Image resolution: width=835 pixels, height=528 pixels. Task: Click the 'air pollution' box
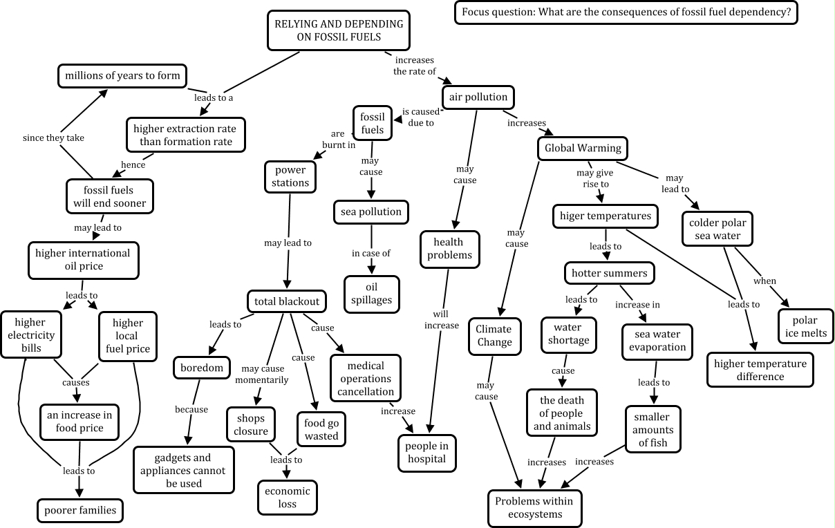coord(478,97)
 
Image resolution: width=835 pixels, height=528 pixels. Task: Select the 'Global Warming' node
coord(583,148)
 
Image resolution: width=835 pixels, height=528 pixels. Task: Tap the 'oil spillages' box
coord(372,294)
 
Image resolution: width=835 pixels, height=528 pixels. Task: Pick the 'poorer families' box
coord(80,511)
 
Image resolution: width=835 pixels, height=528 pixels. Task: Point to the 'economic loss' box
coord(288,498)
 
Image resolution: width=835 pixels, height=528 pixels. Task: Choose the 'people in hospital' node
coord(426,453)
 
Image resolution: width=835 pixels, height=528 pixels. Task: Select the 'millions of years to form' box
coord(122,75)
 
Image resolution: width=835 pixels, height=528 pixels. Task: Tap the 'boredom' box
coord(201,368)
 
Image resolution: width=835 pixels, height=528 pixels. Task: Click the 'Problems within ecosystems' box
coord(535,508)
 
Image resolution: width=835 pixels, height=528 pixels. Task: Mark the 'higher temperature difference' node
coord(760,370)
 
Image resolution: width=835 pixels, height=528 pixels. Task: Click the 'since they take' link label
coord(53,138)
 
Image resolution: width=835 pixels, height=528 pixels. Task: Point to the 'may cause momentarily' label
coord(265,374)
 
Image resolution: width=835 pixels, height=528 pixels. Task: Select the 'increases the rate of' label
coord(415,66)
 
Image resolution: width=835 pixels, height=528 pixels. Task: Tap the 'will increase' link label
coord(441,319)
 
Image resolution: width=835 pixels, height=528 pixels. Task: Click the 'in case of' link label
coord(371,253)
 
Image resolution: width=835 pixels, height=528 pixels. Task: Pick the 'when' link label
coord(764,281)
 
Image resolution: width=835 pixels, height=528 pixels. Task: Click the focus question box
coord(626,12)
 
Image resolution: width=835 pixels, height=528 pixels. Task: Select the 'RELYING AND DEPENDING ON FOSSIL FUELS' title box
coord(339,30)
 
